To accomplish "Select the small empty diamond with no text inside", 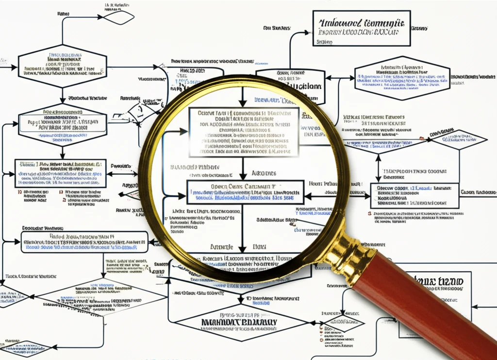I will [x=119, y=17].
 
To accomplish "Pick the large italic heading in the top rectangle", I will [x=362, y=23].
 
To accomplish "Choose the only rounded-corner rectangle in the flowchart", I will [x=84, y=241].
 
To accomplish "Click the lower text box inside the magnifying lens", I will [x=245, y=191].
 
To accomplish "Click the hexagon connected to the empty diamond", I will [x=62, y=66].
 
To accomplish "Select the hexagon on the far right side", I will [x=402, y=78].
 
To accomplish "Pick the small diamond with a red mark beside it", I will [x=459, y=139].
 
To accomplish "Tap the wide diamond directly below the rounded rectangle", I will [x=95, y=297].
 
